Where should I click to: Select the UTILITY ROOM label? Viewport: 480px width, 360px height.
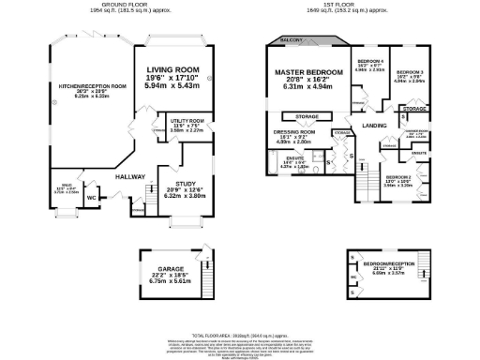click(x=187, y=121)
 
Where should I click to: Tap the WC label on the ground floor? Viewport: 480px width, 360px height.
click(x=90, y=198)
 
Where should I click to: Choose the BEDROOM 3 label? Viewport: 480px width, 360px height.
click(x=409, y=72)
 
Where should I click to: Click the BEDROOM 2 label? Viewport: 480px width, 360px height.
click(x=399, y=177)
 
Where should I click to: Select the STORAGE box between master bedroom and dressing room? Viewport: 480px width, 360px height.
click(x=307, y=117)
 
